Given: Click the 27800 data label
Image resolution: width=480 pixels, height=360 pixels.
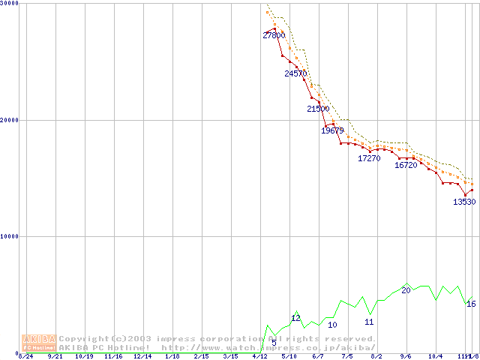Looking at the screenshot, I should (274, 35).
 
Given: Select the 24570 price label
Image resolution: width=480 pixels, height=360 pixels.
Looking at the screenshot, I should (295, 73).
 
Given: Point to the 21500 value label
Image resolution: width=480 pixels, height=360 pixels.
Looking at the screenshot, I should (318, 109).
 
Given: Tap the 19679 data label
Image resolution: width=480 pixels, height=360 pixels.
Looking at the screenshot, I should (332, 130).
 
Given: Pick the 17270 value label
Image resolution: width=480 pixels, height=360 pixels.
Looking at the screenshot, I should (369, 158).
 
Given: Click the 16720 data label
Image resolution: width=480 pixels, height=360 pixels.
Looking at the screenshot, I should (406, 165).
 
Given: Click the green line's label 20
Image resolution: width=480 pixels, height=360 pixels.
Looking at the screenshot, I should (406, 290).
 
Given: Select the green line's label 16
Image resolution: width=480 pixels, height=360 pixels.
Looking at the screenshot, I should (471, 304).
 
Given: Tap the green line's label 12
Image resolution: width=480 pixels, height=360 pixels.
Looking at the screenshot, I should (295, 318).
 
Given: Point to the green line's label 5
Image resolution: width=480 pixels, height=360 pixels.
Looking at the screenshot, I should (274, 343).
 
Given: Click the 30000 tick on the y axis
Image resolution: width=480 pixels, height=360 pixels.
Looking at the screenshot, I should (10, 4).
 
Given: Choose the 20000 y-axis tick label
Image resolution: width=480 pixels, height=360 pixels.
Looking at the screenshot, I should (10, 120).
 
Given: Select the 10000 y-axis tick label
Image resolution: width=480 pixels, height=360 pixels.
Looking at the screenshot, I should (10, 236).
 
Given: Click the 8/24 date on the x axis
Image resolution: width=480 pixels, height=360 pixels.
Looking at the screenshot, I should (25, 357).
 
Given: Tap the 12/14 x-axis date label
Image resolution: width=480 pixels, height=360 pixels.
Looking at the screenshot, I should (142, 357).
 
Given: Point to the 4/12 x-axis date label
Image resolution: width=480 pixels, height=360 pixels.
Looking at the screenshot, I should (259, 357).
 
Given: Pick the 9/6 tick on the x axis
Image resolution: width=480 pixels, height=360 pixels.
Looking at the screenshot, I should (406, 357).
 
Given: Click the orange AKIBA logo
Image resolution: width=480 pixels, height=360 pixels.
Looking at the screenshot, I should (38, 343).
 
